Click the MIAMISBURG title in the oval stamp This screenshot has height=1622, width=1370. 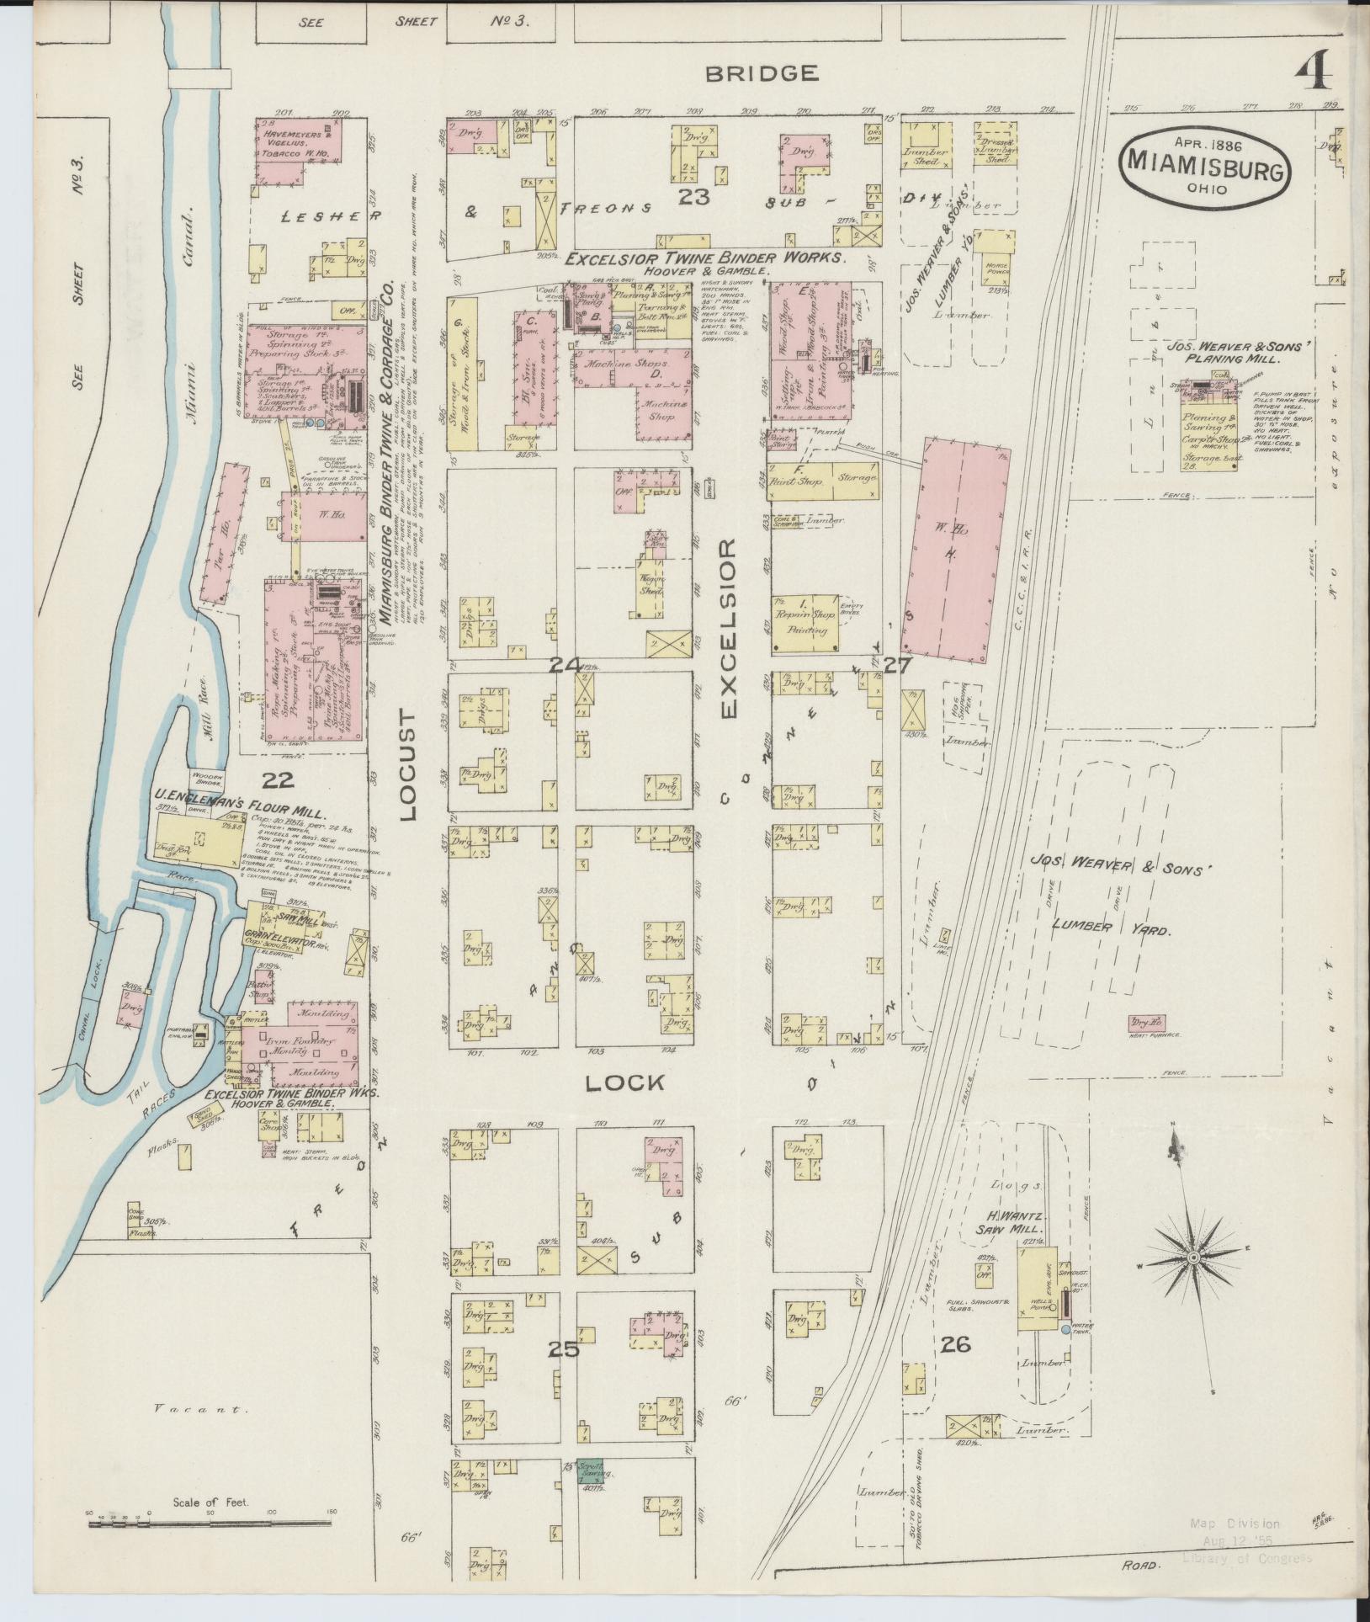pos(1205,160)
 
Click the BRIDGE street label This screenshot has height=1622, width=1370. pos(762,73)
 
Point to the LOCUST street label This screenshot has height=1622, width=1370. pos(408,763)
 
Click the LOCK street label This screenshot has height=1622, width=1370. pos(625,1082)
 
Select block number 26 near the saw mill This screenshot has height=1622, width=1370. pos(957,1345)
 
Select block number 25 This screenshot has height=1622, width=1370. pos(563,1349)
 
